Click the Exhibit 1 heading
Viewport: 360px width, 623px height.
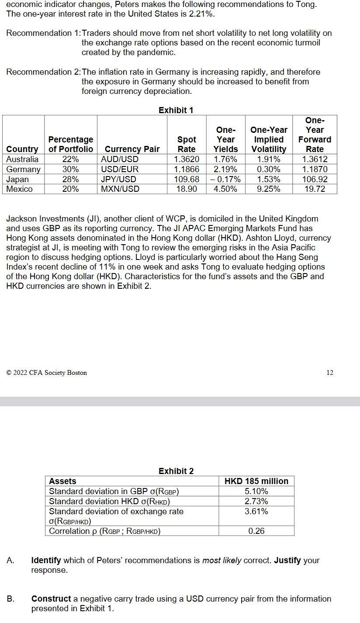[176, 110]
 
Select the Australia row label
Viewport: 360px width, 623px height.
[22, 159]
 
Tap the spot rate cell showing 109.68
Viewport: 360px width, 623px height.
[187, 179]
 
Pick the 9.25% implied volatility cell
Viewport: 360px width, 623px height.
[269, 189]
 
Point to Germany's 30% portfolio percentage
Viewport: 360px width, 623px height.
[70, 169]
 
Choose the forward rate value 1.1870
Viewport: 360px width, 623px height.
[315, 169]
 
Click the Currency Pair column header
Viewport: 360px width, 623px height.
[132, 149]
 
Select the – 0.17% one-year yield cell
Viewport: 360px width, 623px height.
[225, 179]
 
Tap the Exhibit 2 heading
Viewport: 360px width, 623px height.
[176, 471]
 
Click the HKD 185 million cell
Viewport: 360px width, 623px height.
[256, 481]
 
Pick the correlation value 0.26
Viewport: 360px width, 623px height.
[256, 531]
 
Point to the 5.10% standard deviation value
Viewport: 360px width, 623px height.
[256, 491]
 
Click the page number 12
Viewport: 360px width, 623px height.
[330, 372]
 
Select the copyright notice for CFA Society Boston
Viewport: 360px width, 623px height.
[47, 373]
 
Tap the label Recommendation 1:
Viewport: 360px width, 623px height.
[44, 33]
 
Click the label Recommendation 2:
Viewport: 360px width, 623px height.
[44, 72]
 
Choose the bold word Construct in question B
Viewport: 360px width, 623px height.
[51, 599]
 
